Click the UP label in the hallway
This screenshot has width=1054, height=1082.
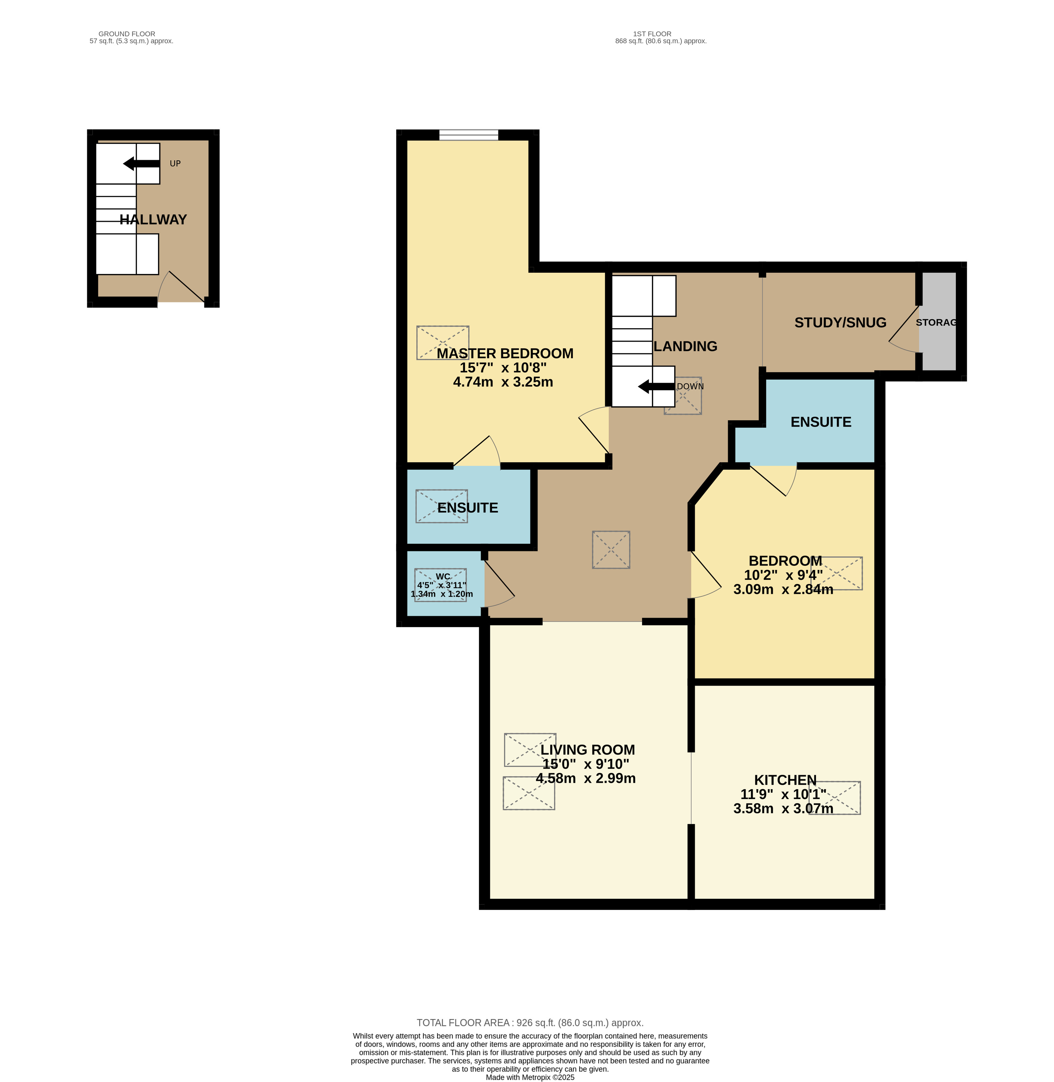coord(175,164)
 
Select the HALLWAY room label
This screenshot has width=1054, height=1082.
coord(153,220)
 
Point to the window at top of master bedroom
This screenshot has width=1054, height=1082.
coord(468,134)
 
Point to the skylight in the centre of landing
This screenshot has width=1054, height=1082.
coord(611,550)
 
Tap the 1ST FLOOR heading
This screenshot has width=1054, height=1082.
coord(652,34)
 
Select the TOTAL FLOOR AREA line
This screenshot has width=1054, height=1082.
coord(530,1023)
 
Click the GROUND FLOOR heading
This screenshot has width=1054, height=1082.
coord(127,34)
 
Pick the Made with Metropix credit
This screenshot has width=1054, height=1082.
coord(530,1077)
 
